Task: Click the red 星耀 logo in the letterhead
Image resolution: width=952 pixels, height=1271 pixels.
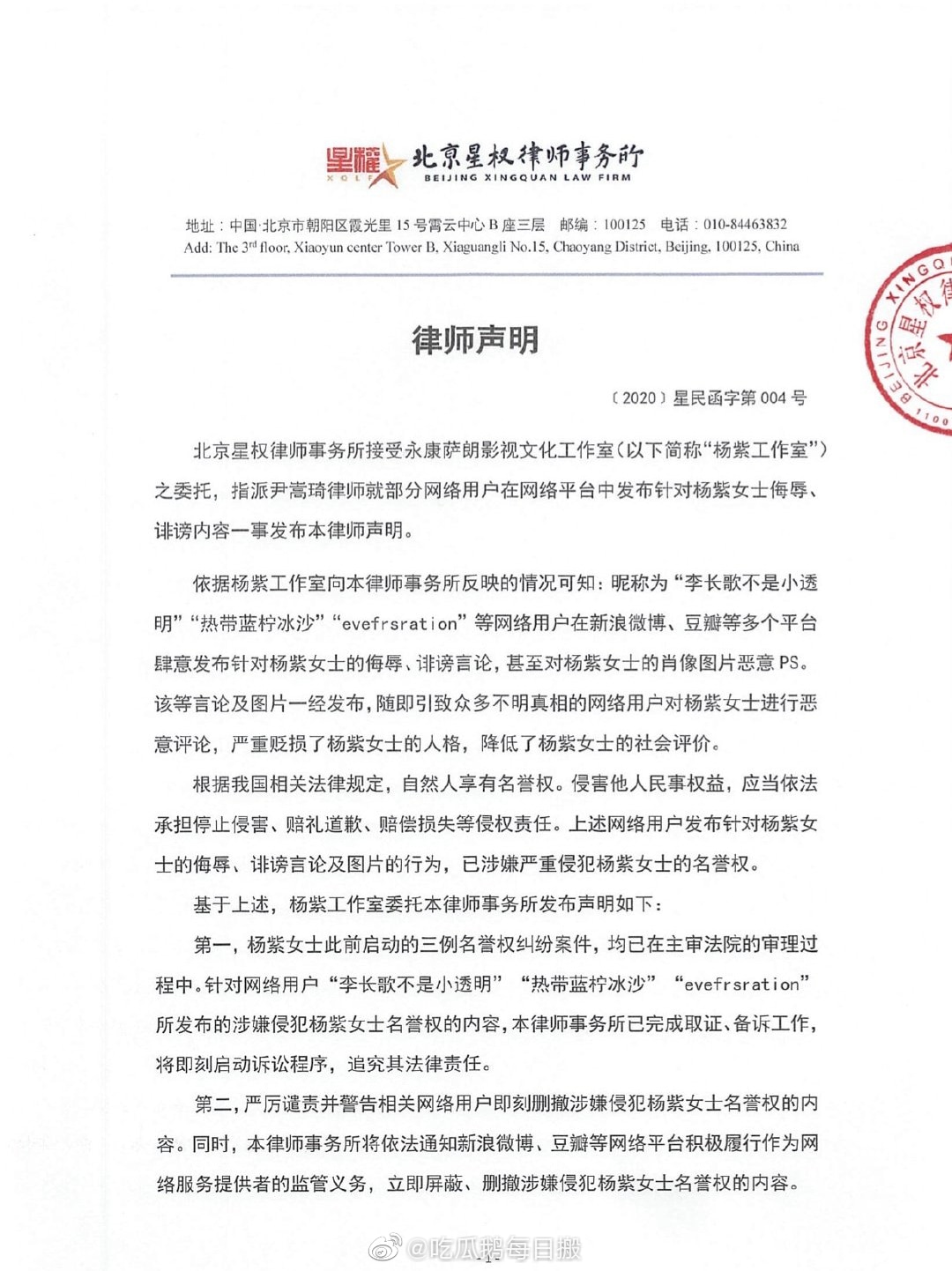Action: (x=354, y=162)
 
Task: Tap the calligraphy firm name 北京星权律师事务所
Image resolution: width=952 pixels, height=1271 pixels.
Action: (x=527, y=156)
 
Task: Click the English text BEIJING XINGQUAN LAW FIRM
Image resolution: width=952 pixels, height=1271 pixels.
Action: (x=527, y=178)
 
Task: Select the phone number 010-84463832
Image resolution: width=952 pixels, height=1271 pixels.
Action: (x=745, y=225)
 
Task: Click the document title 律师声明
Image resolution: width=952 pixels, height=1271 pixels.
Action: (x=475, y=339)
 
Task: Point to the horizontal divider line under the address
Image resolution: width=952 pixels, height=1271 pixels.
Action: (x=496, y=275)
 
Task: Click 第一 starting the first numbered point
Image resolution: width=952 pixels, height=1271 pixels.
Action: (x=212, y=945)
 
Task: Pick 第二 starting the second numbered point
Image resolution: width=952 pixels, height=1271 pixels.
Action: (x=212, y=1104)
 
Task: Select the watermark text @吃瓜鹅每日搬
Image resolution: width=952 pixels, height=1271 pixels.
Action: (x=494, y=1248)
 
